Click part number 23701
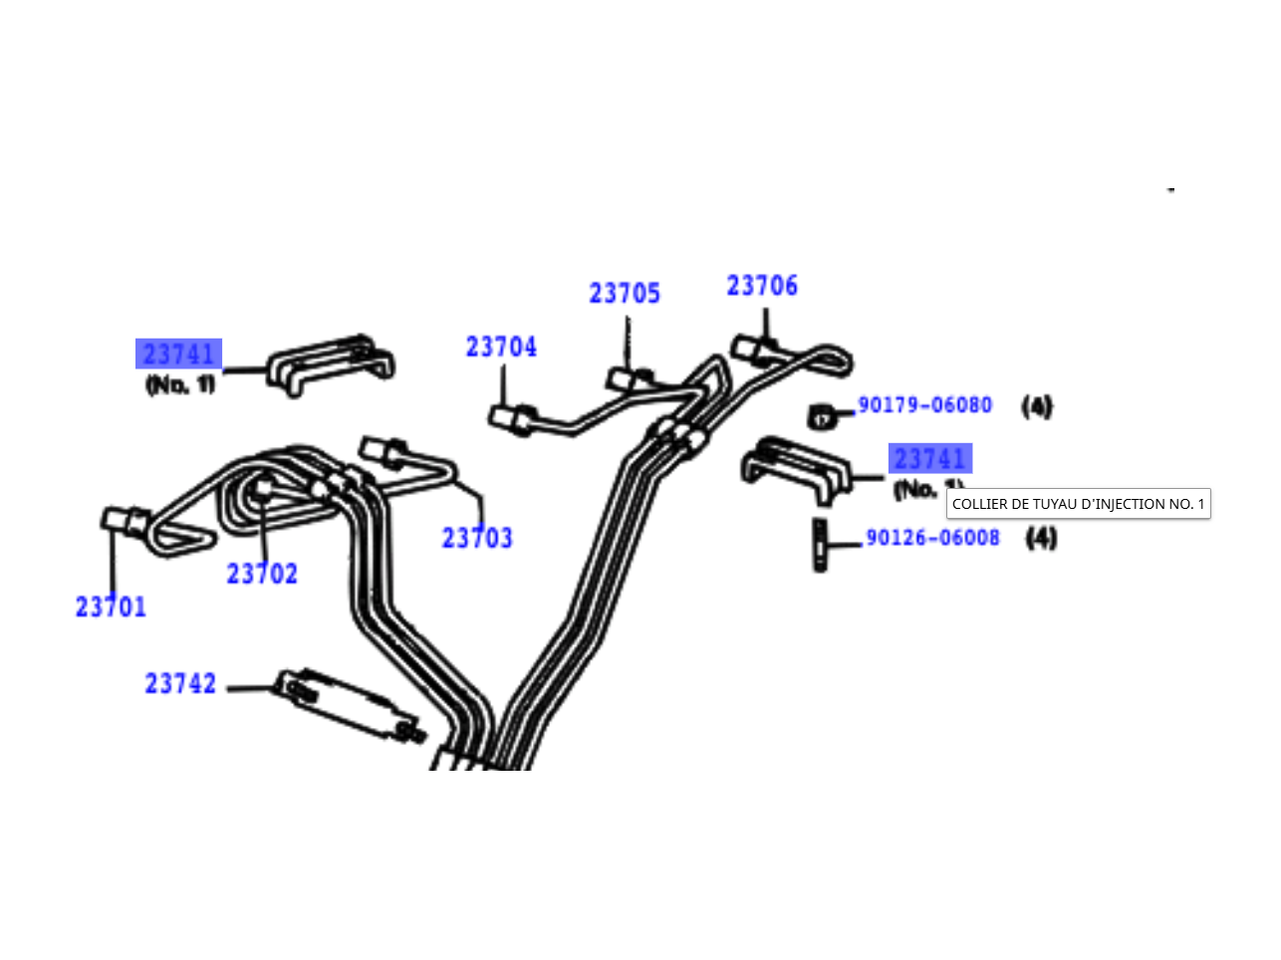pyautogui.click(x=111, y=606)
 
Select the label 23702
pyautogui.click(x=262, y=574)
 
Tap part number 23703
pyautogui.click(x=477, y=538)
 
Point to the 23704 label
pyautogui.click(x=501, y=347)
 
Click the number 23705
pyautogui.click(x=625, y=293)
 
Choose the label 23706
pyautogui.click(x=762, y=286)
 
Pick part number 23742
pyautogui.click(x=180, y=683)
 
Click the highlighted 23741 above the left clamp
pyautogui.click(x=179, y=354)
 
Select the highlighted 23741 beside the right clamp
pyautogui.click(x=929, y=458)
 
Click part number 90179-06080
pyautogui.click(x=925, y=405)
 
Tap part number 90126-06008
pyautogui.click(x=932, y=538)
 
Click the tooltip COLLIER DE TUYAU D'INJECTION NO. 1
pyautogui.click(x=1078, y=504)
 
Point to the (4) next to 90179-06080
pyautogui.click(x=1037, y=406)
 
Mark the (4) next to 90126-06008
pyautogui.click(x=1041, y=538)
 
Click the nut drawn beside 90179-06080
pyautogui.click(x=821, y=417)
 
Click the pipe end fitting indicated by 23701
pyautogui.click(x=126, y=521)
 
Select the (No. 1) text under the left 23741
pyautogui.click(x=180, y=384)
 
